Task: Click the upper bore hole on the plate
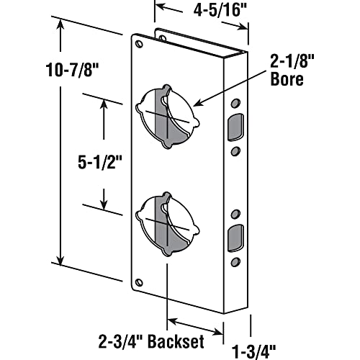[165, 115]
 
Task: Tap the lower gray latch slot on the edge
[235, 237]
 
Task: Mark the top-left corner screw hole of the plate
[140, 45]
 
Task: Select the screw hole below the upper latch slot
[235, 150]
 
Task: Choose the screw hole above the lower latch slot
[235, 215]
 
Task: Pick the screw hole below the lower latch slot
[235, 260]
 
